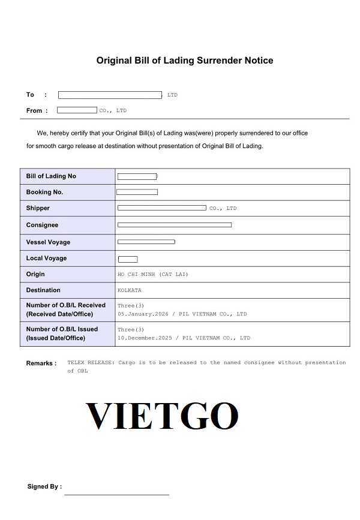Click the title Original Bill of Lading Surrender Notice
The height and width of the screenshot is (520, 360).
[185, 61]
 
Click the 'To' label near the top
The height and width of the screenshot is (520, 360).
[31, 95]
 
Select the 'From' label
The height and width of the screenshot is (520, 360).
[34, 110]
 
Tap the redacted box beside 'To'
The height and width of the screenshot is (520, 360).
[110, 95]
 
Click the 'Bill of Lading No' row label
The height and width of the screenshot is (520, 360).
[51, 176]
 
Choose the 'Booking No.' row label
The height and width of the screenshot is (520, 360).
[44, 192]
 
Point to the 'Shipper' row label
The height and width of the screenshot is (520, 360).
[38, 208]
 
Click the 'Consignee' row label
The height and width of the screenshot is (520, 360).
[42, 225]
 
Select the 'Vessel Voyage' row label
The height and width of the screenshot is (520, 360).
[48, 242]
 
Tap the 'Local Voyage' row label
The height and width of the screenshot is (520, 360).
[46, 258]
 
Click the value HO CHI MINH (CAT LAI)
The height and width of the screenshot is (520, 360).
[152, 274]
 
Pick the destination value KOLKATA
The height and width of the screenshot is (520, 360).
[130, 290]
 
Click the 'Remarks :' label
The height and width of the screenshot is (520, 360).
[41, 363]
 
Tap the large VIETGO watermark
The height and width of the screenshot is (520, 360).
[162, 415]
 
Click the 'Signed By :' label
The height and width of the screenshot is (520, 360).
[44, 486]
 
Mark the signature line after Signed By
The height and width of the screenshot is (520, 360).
[116, 494]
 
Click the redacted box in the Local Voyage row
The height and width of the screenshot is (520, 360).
[128, 259]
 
